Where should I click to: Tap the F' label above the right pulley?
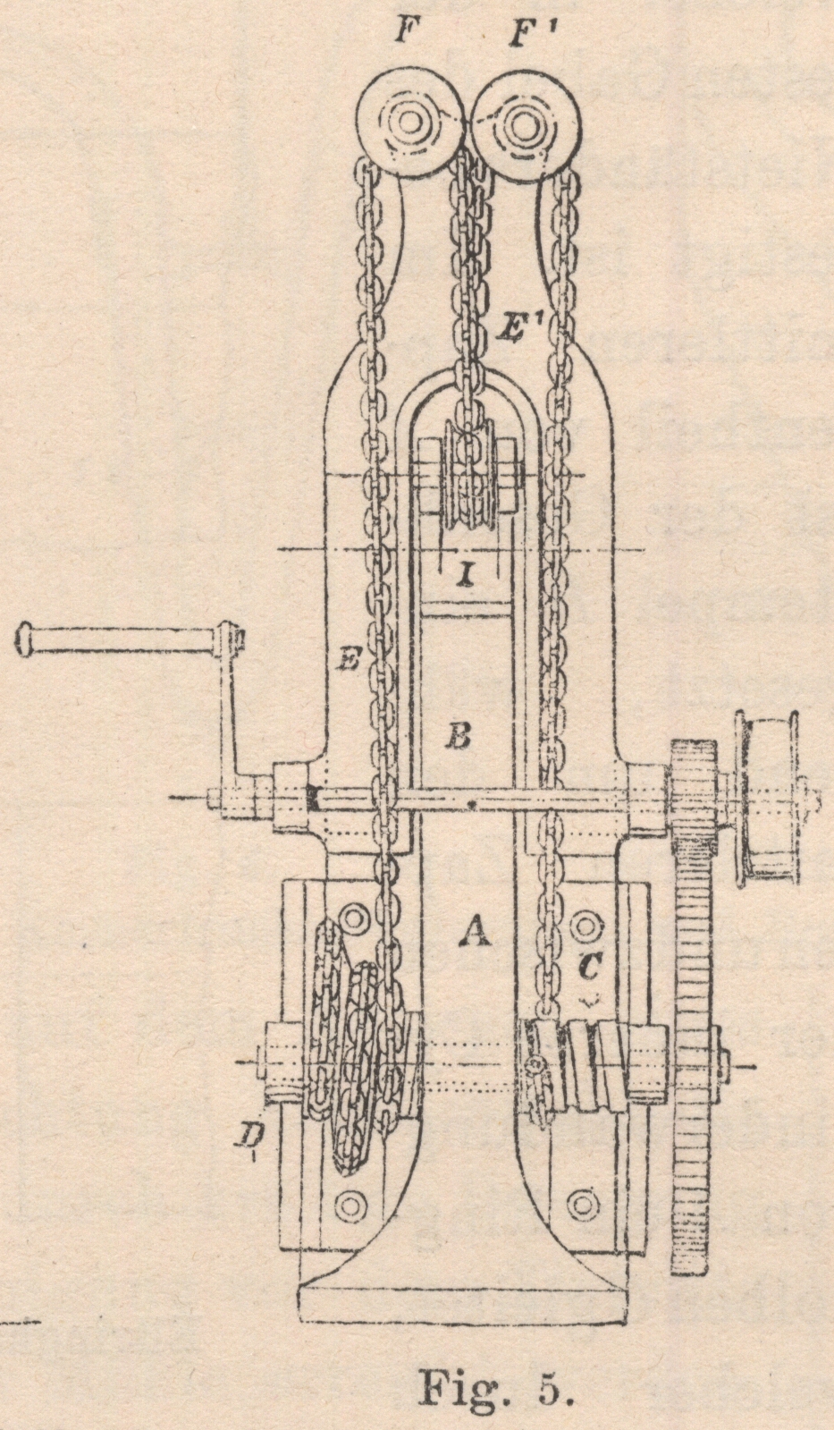pyautogui.click(x=522, y=38)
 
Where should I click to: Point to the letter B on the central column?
pyautogui.click(x=458, y=739)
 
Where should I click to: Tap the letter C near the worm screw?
pyautogui.click(x=590, y=967)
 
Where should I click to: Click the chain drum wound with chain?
pyautogui.click(x=362, y=1064)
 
